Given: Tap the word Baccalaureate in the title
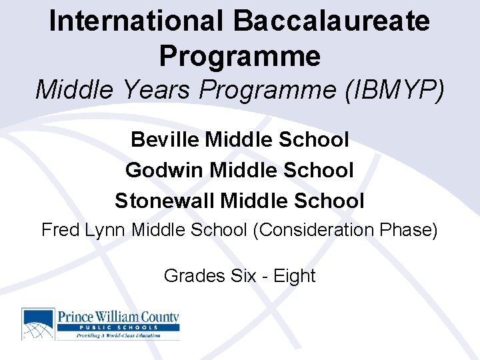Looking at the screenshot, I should (331, 21).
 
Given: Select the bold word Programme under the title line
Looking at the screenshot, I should (240, 56).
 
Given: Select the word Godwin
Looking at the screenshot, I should (165, 170).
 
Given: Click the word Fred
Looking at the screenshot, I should (61, 230).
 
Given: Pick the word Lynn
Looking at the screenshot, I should (107, 230).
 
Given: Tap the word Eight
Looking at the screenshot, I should (294, 276).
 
